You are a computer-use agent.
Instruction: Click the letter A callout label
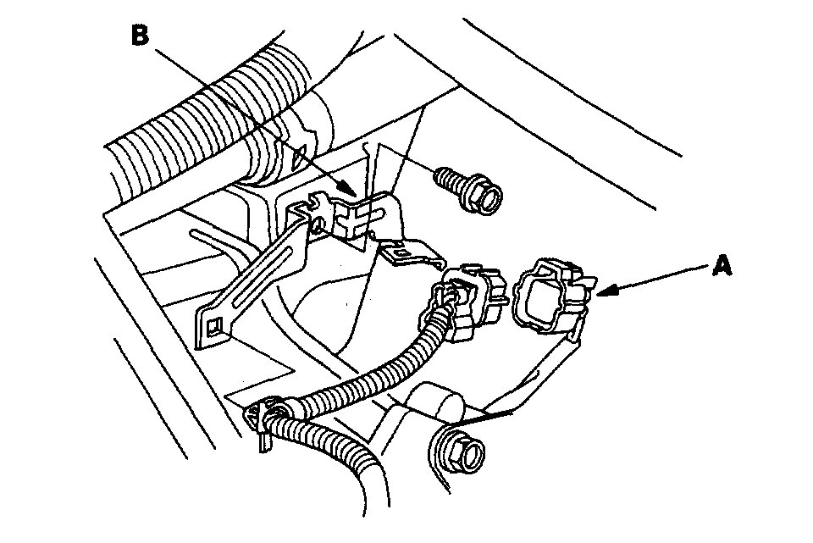coord(722,267)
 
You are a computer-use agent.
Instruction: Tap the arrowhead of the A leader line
coord(600,292)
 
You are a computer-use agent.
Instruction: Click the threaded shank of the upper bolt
coord(446,180)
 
